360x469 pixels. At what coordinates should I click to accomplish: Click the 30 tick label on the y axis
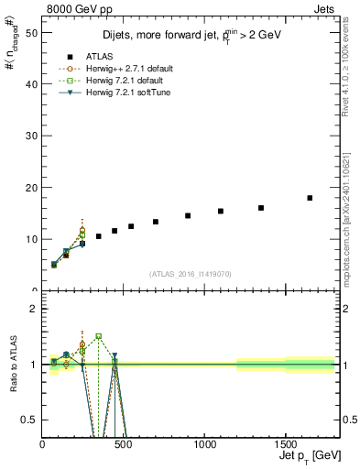32,136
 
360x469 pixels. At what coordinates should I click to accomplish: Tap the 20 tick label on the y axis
32,188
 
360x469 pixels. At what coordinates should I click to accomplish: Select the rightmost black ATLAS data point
310,198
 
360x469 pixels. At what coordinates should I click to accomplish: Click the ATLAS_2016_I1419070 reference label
191,274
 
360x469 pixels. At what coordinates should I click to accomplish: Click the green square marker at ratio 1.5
98,336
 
